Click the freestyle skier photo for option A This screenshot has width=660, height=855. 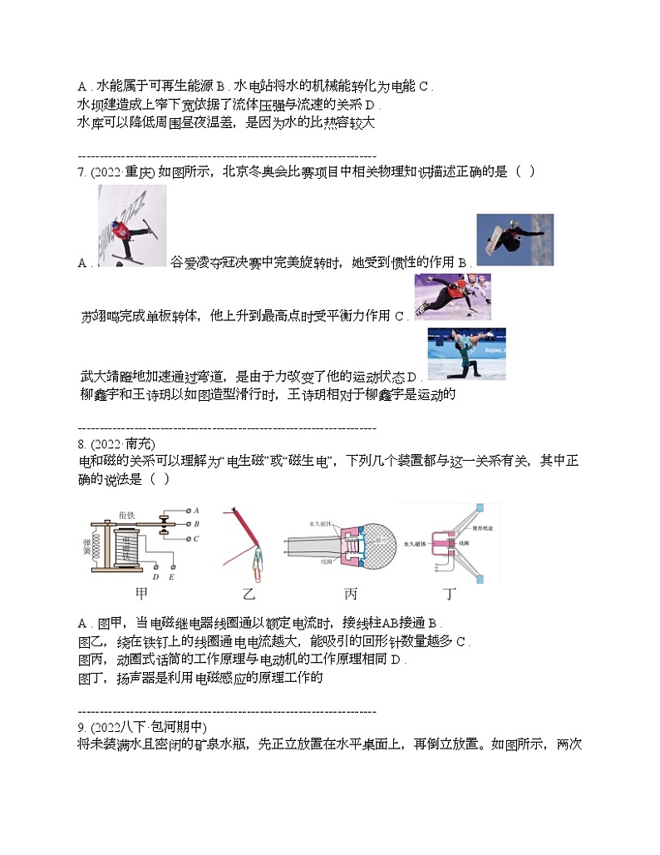131,226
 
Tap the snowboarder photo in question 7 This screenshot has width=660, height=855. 515,240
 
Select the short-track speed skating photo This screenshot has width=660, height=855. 452,297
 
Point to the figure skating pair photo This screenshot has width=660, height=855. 465,353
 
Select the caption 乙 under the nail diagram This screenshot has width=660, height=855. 247,595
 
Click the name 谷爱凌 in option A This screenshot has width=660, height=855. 187,262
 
